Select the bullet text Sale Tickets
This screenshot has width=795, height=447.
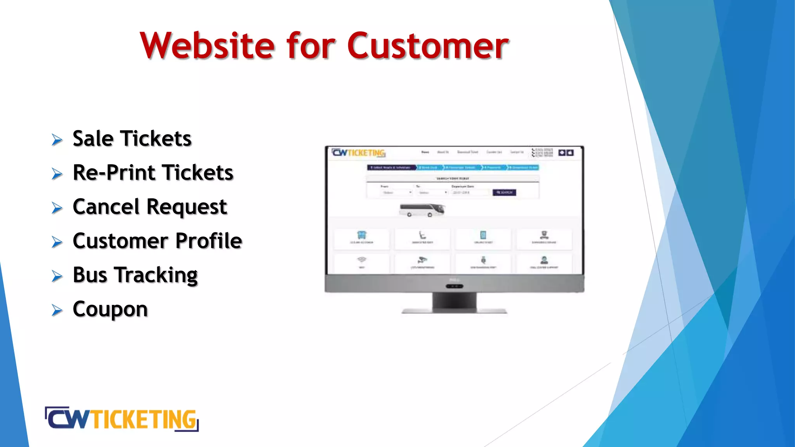(x=132, y=139)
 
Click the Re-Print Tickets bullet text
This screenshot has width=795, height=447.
(x=153, y=173)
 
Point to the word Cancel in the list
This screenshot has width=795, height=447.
(x=106, y=206)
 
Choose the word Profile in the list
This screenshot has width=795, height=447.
(x=209, y=241)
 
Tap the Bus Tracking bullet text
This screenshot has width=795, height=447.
(x=135, y=275)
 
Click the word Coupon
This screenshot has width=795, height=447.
(x=110, y=309)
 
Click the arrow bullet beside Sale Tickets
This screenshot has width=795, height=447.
(x=57, y=140)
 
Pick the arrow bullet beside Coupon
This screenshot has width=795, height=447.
(x=57, y=310)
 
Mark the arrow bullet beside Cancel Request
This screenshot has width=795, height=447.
(x=57, y=208)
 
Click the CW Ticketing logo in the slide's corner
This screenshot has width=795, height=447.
(x=122, y=419)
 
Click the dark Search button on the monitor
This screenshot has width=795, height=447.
(x=504, y=192)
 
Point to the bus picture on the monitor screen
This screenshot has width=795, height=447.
(x=422, y=210)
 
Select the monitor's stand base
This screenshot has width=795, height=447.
(x=454, y=310)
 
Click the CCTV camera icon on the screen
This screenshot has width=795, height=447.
(x=422, y=260)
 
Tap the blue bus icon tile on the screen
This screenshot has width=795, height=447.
(x=362, y=235)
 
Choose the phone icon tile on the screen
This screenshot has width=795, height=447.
(x=483, y=235)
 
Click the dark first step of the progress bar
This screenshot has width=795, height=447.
(x=391, y=168)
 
